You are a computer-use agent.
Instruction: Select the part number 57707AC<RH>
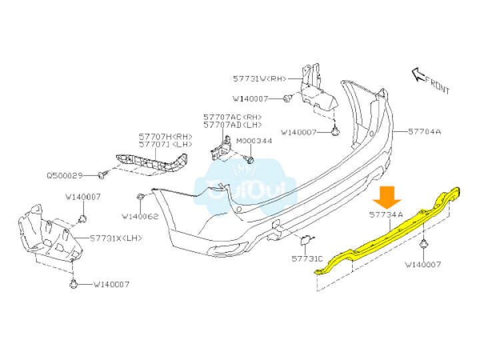(233, 117)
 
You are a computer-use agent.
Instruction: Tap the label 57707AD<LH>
(233, 125)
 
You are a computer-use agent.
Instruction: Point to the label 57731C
(307, 258)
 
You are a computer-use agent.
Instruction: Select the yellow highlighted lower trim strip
(387, 233)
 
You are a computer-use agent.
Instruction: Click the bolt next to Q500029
(103, 175)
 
